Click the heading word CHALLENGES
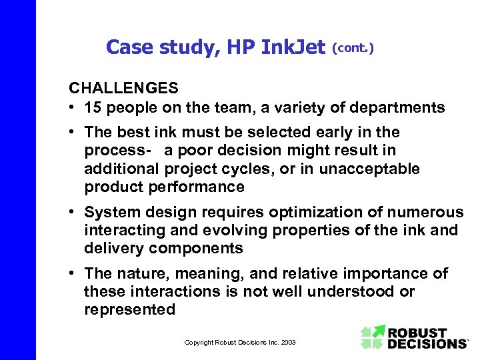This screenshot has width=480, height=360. (123, 88)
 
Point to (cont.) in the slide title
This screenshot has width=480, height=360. (353, 49)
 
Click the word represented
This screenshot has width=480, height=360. (130, 309)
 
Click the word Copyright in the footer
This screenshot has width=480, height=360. (199, 343)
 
